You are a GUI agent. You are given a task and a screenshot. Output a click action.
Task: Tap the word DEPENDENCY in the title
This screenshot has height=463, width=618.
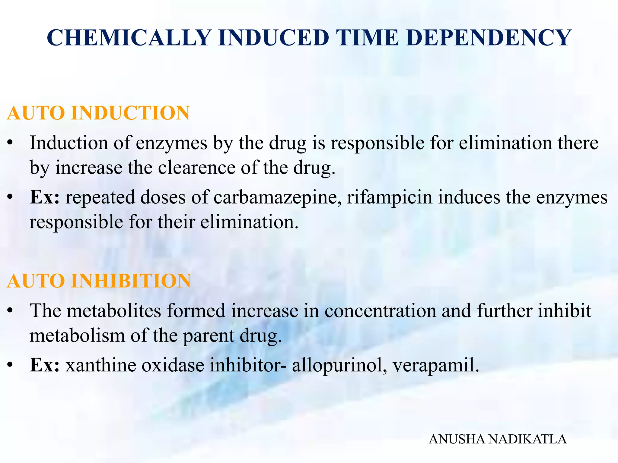489,38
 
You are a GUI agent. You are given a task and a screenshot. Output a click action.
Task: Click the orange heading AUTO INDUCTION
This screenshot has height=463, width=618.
98,113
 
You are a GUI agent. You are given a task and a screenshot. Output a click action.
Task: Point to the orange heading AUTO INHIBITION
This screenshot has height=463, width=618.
99,281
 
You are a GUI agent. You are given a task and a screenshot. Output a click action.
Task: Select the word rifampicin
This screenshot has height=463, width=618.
390,198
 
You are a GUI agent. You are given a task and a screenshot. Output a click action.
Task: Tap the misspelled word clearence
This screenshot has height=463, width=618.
196,168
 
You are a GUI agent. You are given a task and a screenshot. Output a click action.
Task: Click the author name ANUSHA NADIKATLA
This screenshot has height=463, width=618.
498,439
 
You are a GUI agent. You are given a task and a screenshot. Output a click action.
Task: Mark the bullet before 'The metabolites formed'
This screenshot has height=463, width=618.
10,311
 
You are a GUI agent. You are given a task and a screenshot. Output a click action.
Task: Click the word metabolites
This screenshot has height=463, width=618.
114,311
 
